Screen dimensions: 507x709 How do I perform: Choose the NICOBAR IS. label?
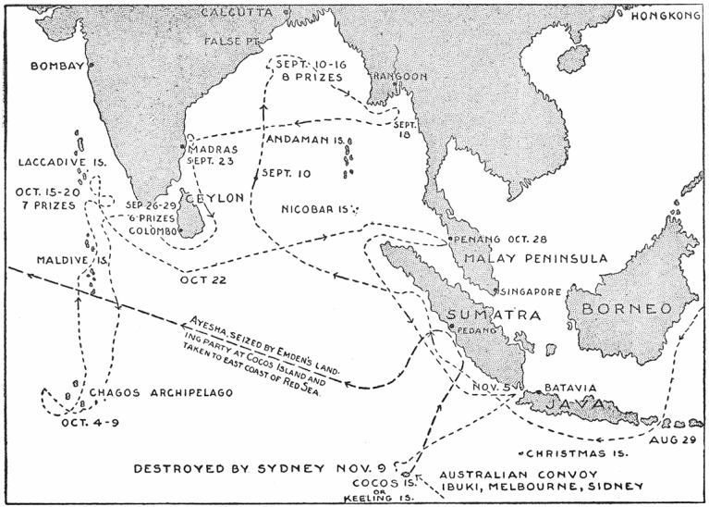point(314,210)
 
